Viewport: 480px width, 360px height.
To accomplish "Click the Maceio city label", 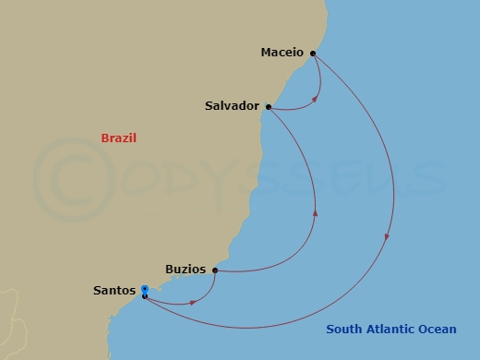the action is click(282, 53).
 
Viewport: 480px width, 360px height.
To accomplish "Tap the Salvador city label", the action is click(231, 106).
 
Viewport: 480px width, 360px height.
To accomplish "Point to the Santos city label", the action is click(115, 291).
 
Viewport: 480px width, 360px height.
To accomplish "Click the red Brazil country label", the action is click(118, 138).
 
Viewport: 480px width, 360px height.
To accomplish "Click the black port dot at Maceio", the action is click(314, 53).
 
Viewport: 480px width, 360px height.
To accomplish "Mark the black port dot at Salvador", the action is click(268, 107).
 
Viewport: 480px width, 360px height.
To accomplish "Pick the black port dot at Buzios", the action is click(215, 270).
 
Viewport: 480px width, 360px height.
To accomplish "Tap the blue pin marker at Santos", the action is click(145, 290).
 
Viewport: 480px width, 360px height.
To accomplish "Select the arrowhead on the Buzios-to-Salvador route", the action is click(317, 213).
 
